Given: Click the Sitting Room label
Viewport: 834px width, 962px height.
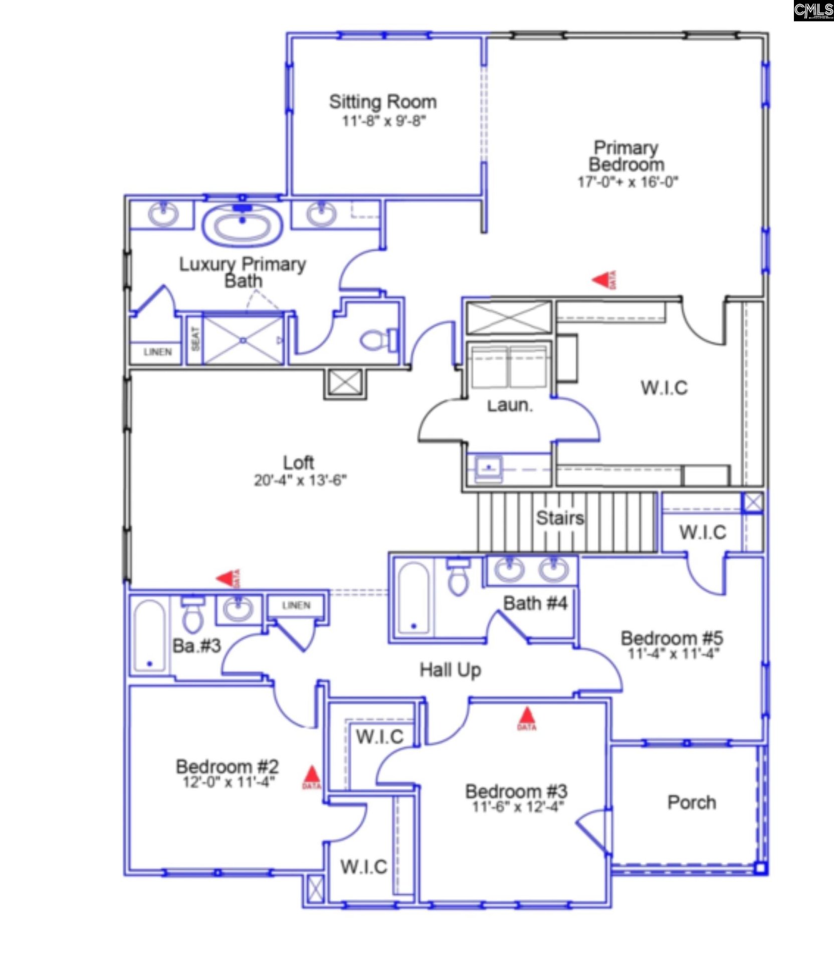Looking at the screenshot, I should (382, 102).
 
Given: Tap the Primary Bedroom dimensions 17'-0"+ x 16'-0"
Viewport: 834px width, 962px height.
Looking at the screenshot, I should (628, 181).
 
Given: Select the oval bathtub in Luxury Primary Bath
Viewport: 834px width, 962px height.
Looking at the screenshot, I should (243, 226).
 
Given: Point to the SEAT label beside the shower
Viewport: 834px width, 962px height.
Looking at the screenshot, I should (195, 339).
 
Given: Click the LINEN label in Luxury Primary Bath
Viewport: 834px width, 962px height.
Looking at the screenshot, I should (157, 352).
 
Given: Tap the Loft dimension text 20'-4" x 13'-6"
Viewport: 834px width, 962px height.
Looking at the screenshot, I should (300, 480).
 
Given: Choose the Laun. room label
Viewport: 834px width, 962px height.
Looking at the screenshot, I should (510, 405).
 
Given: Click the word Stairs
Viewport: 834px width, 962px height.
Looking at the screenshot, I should (560, 518).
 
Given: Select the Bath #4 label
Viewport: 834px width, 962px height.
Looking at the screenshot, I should (535, 603).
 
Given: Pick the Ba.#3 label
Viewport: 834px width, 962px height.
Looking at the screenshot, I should (196, 646).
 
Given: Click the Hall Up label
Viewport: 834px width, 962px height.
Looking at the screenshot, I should (450, 670).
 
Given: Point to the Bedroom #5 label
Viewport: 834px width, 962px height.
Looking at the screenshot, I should (672, 638).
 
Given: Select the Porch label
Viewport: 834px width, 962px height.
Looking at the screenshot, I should (692, 803).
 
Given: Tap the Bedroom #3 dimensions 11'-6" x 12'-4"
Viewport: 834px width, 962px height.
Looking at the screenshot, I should (518, 807).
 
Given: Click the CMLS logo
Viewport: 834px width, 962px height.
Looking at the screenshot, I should (813, 11).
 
